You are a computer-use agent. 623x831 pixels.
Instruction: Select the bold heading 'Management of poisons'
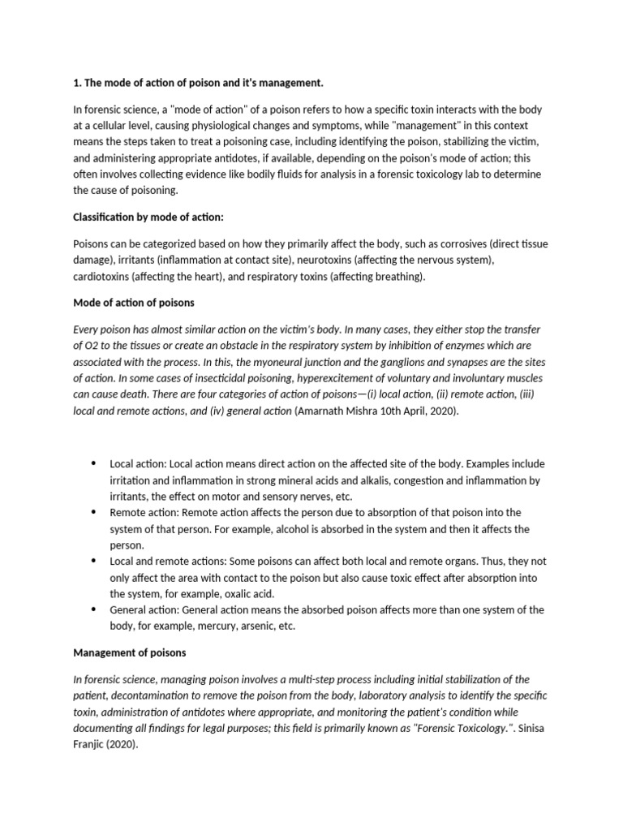(130, 652)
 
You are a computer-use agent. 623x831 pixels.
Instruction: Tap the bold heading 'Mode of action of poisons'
(134, 303)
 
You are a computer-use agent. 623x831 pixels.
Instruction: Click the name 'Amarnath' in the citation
(324, 411)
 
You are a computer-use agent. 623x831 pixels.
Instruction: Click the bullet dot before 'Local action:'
(93, 463)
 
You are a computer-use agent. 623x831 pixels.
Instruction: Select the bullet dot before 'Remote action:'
(93, 512)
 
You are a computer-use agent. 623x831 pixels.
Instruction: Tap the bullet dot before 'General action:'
(93, 609)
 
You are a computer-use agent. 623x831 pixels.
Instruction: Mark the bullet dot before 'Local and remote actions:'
(93, 561)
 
